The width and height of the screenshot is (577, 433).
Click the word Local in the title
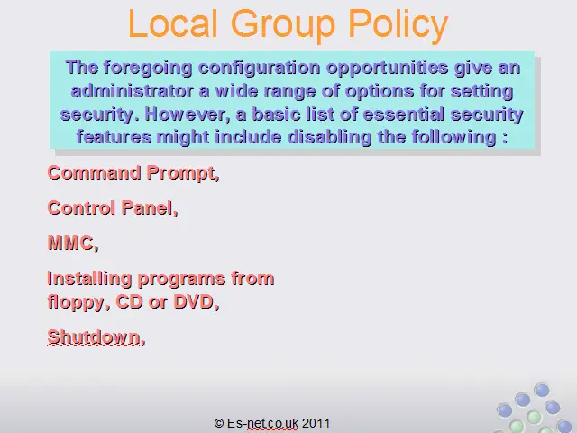click(x=172, y=23)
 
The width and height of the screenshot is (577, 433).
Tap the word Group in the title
click(x=283, y=25)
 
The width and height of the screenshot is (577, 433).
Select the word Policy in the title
click(x=398, y=25)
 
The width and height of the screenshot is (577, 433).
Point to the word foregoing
click(x=148, y=69)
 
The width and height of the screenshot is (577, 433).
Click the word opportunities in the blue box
click(x=388, y=69)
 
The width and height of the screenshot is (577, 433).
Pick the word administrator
click(x=133, y=91)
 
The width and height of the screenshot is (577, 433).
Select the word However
click(x=188, y=115)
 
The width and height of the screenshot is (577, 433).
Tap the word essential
click(x=403, y=115)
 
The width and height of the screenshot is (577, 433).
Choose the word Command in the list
click(x=94, y=172)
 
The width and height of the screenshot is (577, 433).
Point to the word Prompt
click(x=183, y=174)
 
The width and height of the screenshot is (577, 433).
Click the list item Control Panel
click(x=113, y=208)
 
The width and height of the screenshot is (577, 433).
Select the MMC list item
click(x=73, y=244)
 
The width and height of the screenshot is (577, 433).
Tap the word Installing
click(x=89, y=279)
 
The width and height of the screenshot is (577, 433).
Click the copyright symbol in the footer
click(x=219, y=423)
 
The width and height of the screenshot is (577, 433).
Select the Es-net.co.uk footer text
click(x=262, y=423)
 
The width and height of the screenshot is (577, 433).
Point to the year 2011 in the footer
click(x=316, y=423)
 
